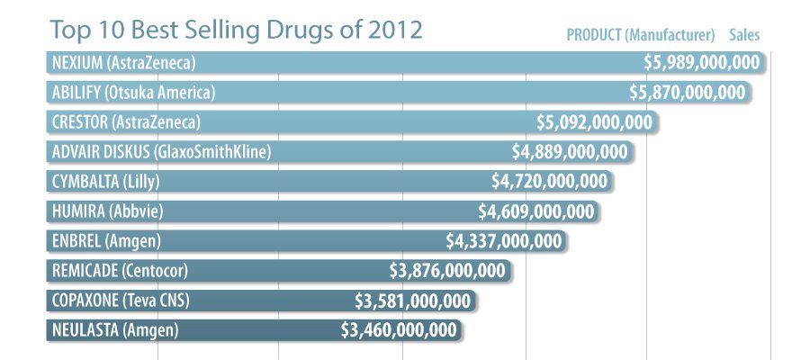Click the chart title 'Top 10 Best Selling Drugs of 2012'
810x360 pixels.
click(236, 30)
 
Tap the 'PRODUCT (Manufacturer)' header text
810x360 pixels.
click(640, 36)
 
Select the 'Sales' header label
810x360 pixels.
click(744, 36)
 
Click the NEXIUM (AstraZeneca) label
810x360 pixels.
click(123, 63)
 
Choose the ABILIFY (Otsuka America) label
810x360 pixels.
click(133, 93)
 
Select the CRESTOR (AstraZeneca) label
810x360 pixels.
click(125, 122)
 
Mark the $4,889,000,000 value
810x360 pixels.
click(570, 152)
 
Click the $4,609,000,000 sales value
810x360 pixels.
click(536, 211)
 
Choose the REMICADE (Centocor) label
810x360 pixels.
click(120, 271)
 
